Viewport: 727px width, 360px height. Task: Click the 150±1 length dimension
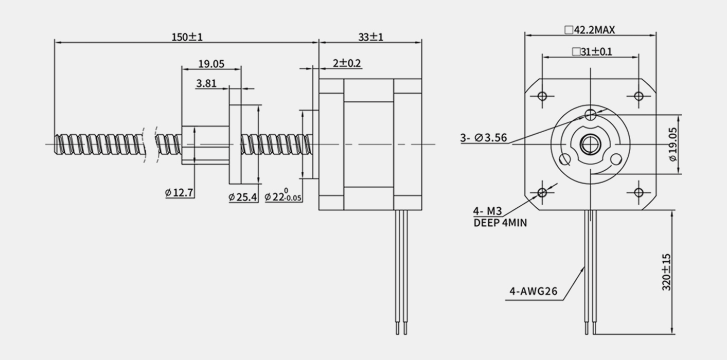coord(187,37)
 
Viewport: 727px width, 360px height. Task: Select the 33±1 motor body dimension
coord(370,37)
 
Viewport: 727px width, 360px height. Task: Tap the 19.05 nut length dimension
coord(211,64)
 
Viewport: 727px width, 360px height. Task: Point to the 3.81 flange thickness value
coord(206,84)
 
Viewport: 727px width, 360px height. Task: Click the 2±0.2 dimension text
coord(347,63)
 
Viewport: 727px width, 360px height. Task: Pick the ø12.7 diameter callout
coord(179,193)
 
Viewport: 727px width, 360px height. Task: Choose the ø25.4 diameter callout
coord(243,197)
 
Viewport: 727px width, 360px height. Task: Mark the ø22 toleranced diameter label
coord(283,195)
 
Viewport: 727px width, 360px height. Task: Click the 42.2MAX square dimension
coord(590,30)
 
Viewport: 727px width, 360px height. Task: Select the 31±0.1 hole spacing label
coord(592,51)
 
